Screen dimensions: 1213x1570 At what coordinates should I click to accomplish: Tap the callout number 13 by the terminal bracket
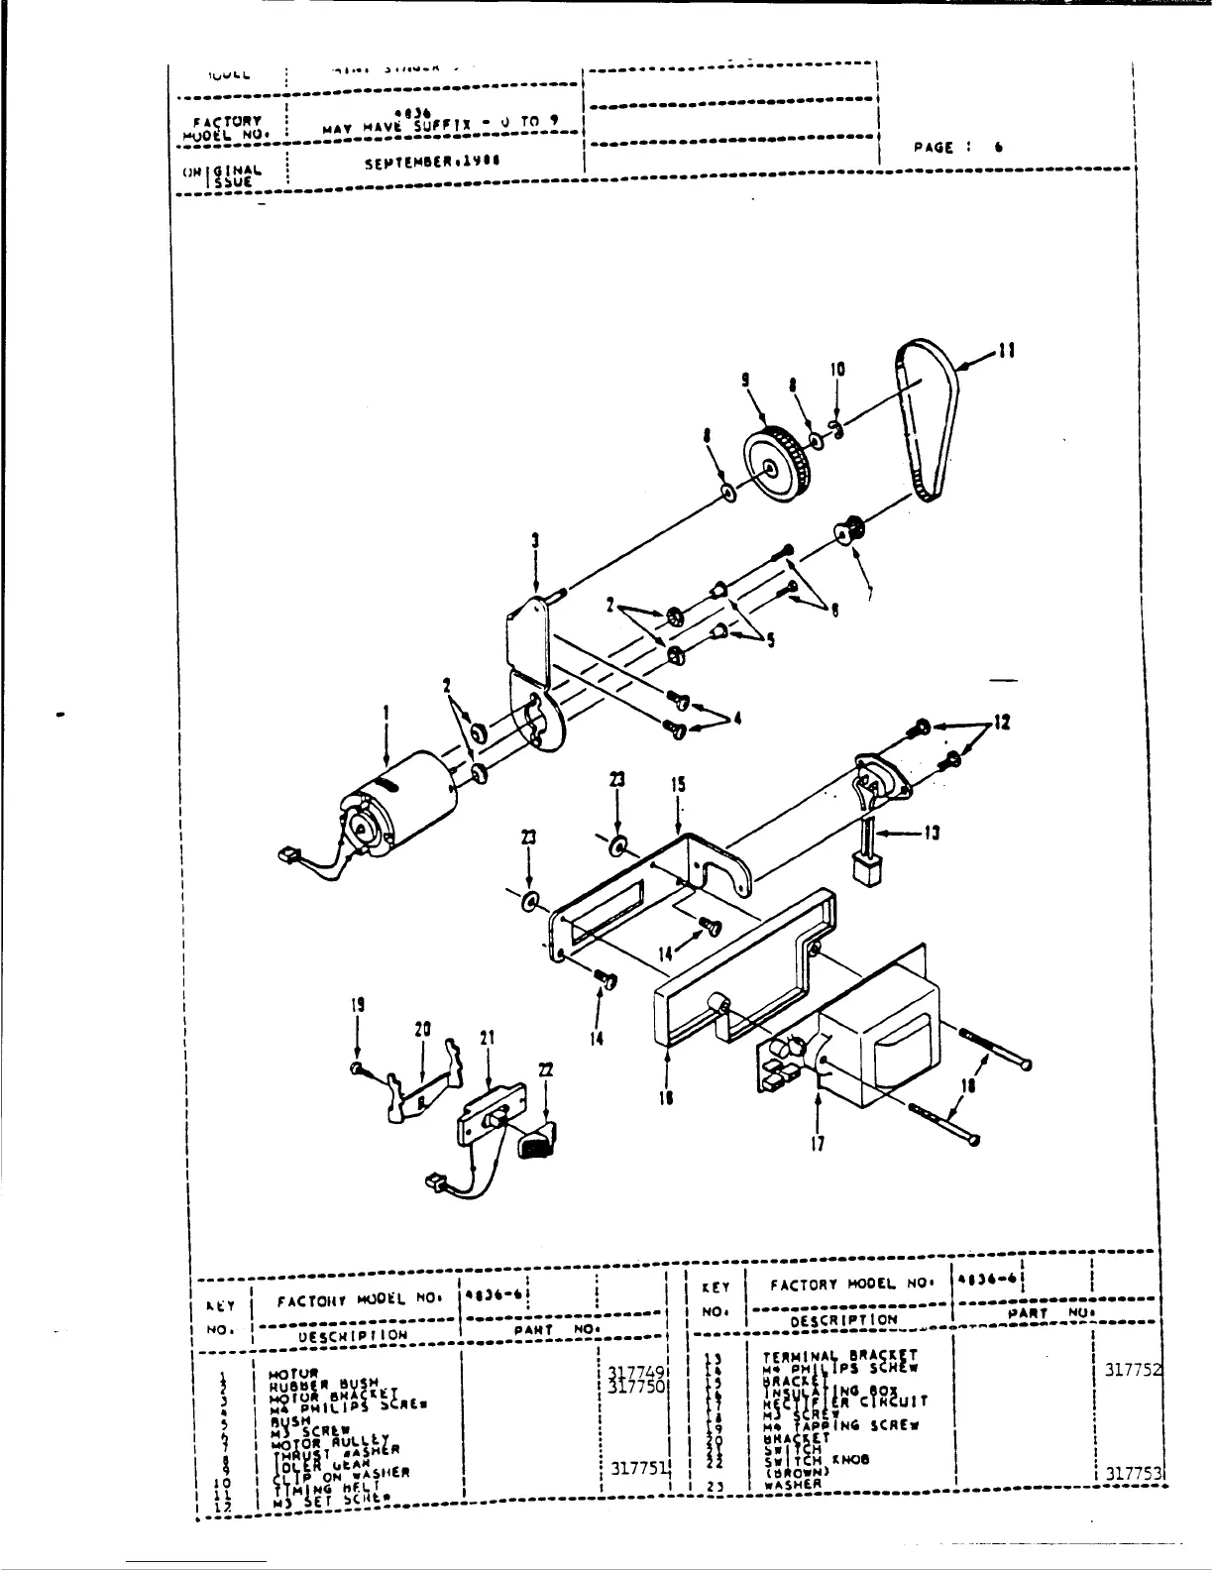click(931, 833)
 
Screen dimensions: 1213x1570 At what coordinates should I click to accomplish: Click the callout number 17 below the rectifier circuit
click(818, 1143)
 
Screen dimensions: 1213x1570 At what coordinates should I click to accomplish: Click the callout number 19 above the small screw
click(357, 1003)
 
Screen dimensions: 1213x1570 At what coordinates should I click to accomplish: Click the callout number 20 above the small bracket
click(423, 1031)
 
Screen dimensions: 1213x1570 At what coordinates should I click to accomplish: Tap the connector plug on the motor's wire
click(289, 852)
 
